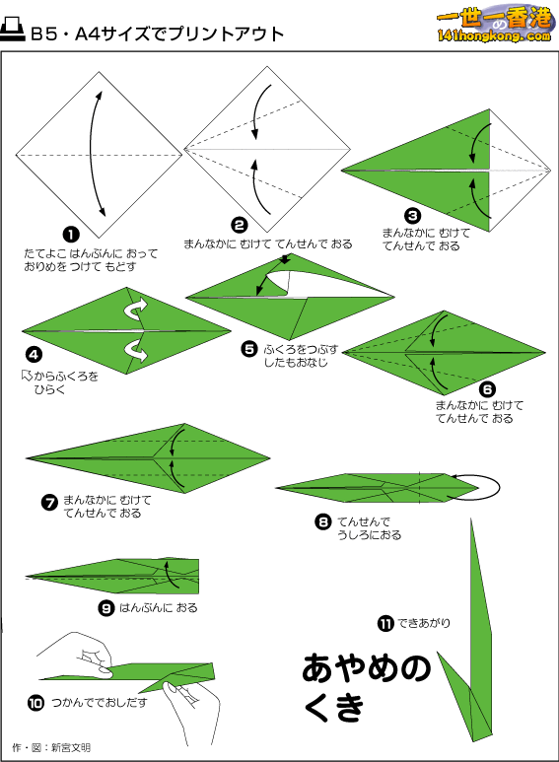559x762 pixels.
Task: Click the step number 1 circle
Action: tap(71, 235)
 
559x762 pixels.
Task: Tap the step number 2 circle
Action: tap(240, 224)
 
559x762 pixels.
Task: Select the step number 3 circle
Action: tap(412, 215)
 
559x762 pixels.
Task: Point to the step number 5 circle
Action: tap(249, 348)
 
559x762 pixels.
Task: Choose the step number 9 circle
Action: tap(106, 607)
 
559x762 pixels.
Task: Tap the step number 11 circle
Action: tap(386, 622)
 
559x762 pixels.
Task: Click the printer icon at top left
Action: tap(14, 32)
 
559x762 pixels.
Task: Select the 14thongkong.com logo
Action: tap(491, 26)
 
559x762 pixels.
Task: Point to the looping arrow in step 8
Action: tap(477, 486)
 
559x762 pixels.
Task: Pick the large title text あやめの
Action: tap(367, 668)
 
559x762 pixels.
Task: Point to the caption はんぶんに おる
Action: tap(159, 608)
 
